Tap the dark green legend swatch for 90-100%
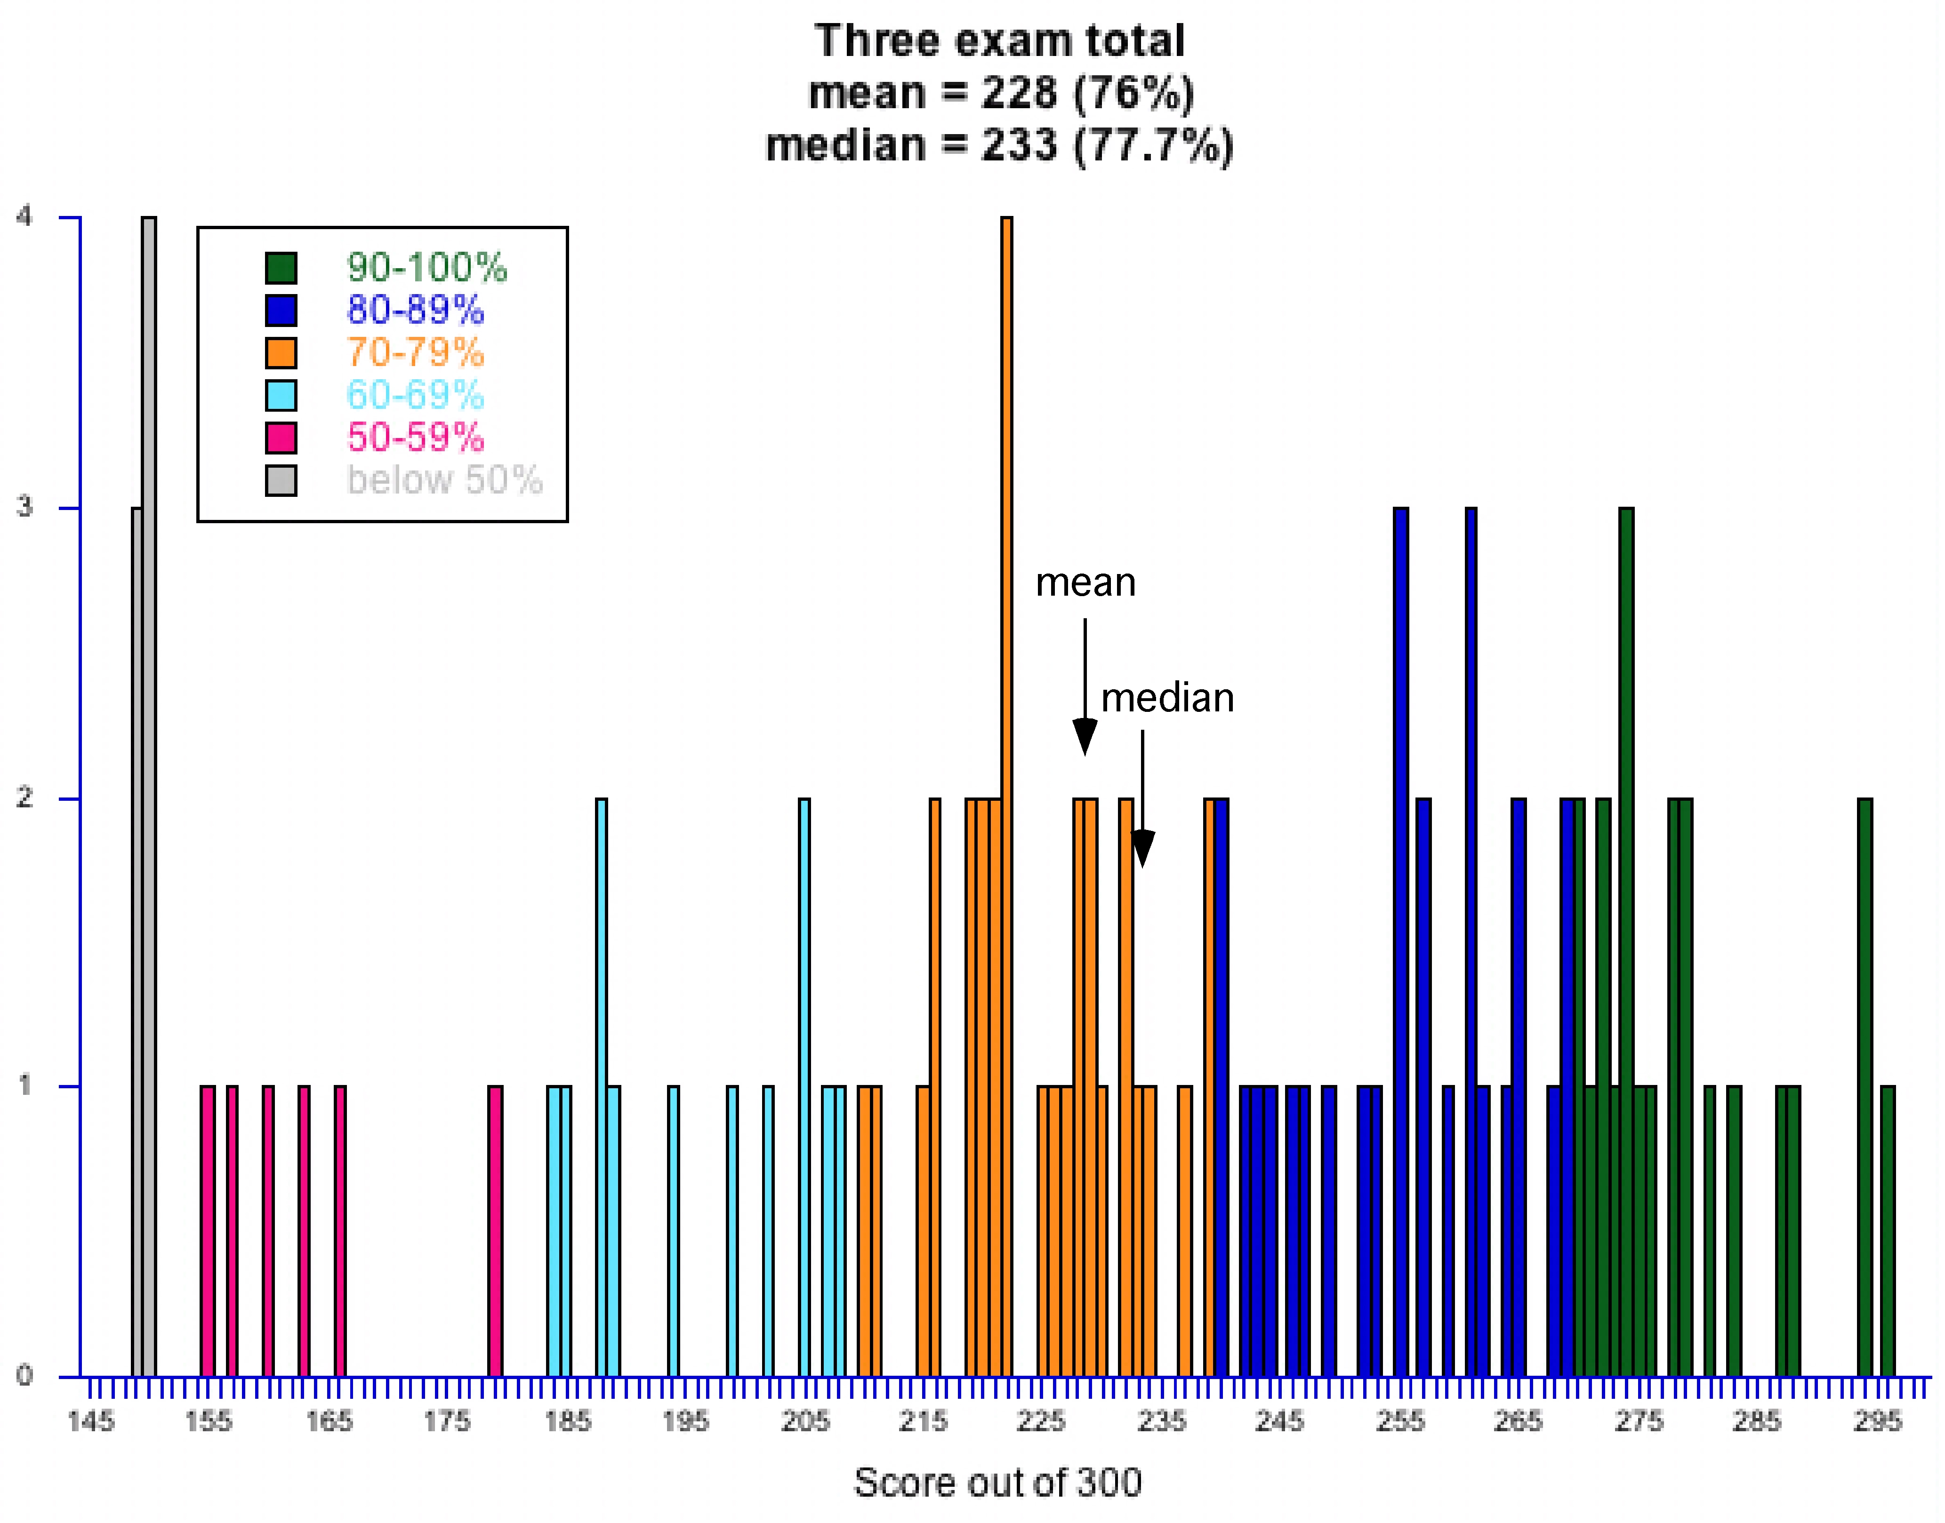coord(281,268)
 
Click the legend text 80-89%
coord(415,311)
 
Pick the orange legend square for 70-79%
coord(281,353)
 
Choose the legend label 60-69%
coord(415,395)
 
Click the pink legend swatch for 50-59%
coord(281,438)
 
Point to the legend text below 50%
coord(444,481)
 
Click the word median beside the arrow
coord(1167,698)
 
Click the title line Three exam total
coord(999,41)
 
